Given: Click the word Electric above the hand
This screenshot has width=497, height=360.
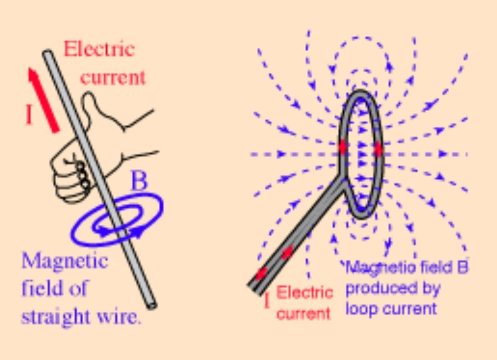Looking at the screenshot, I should [99, 49].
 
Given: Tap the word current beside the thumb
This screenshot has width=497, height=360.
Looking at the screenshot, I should [113, 77].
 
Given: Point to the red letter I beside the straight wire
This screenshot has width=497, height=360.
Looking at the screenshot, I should [29, 115].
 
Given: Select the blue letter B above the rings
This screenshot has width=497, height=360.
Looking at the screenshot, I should [139, 182].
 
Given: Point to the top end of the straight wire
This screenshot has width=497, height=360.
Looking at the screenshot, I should [47, 54].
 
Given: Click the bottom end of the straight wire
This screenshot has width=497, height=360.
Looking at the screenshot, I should [152, 304].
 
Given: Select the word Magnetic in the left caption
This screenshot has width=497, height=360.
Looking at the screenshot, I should [64, 261].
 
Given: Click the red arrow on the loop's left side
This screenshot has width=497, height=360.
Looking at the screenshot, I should [343, 147].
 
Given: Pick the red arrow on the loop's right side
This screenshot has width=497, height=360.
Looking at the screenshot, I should [378, 149].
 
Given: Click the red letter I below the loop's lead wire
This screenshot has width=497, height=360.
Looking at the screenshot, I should [266, 302].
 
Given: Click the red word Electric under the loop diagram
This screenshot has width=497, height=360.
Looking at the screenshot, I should [305, 292].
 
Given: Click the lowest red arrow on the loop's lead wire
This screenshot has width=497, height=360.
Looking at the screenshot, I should [261, 273].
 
